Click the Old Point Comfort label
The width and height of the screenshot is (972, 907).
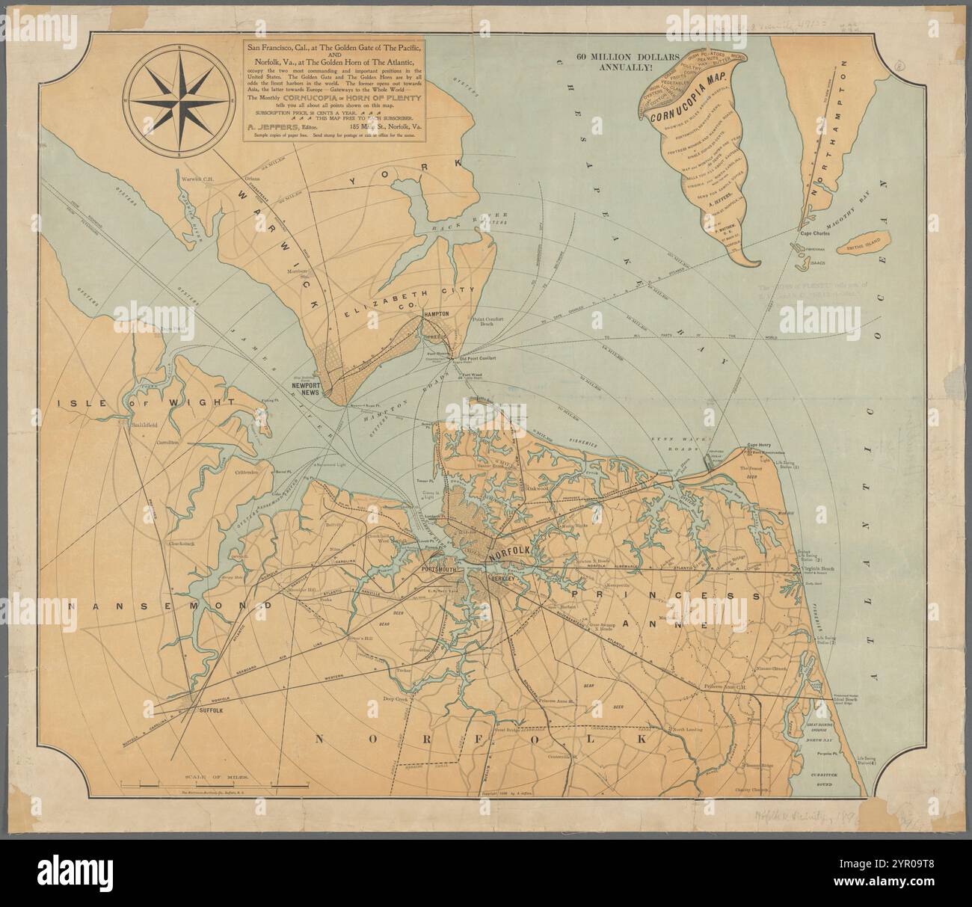click(x=476, y=357)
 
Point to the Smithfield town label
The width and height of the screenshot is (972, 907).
click(x=146, y=425)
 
